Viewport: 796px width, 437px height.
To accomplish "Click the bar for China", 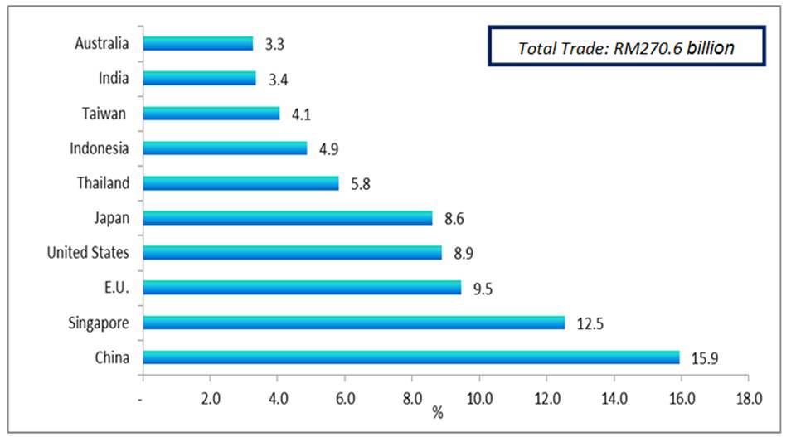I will tap(410, 357).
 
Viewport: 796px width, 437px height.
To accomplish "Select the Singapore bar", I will tap(354, 323).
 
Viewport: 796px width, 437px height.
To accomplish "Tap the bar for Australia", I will tap(198, 43).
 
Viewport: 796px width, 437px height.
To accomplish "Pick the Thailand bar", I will tap(240, 182).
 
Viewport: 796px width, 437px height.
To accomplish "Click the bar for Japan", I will tap(288, 218).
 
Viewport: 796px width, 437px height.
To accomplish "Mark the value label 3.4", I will tap(278, 79).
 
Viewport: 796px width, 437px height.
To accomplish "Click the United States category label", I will tap(88, 252).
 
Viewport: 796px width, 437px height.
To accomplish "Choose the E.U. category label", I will tap(117, 287).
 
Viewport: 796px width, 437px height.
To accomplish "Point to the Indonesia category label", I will tap(100, 148).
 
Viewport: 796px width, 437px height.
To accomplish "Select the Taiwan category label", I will tap(106, 113).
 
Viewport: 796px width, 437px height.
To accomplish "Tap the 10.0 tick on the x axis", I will tap(480, 398).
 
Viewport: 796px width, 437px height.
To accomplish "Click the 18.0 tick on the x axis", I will tap(749, 398).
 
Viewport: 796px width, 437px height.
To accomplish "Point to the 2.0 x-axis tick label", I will tap(211, 398).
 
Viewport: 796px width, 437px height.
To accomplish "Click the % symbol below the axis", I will tap(437, 412).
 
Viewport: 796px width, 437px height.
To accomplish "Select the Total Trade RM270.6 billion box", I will tap(625, 47).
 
